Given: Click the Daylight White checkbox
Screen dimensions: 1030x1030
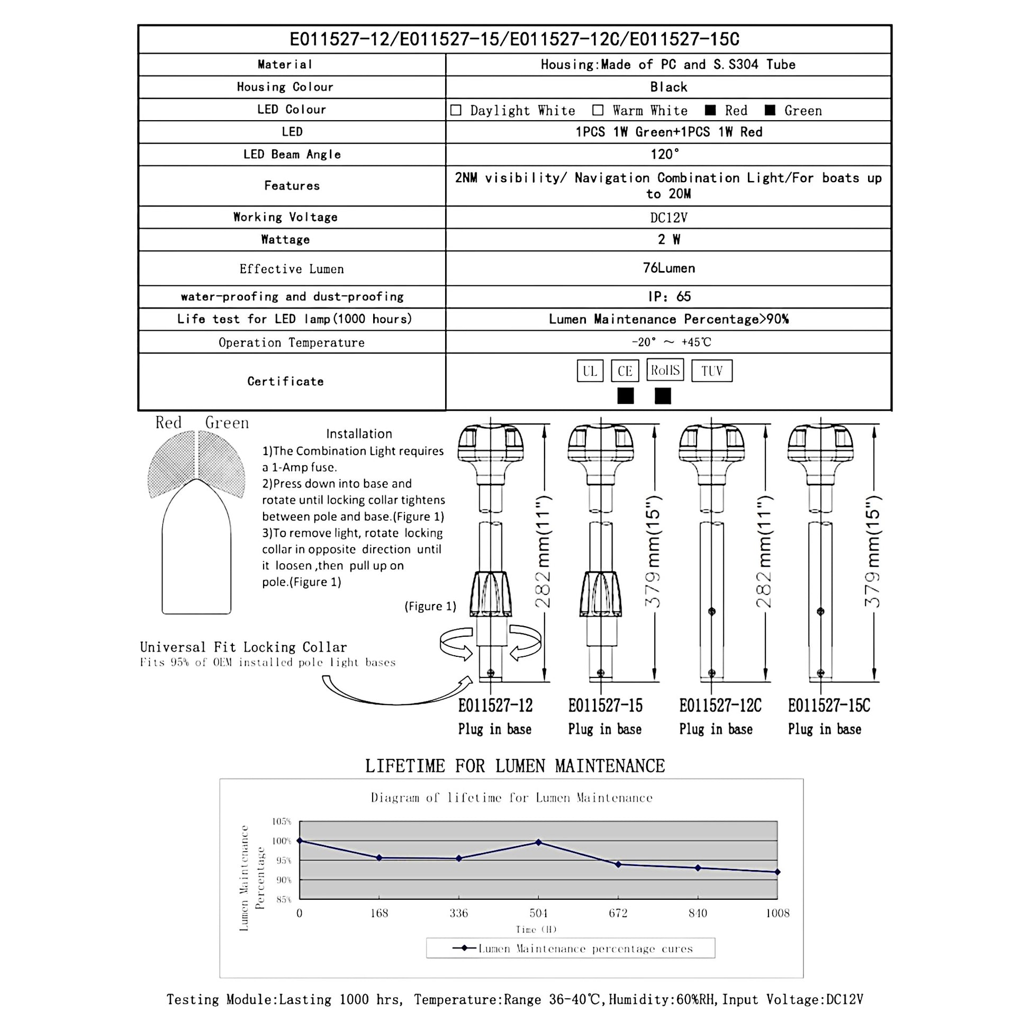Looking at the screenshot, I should (x=455, y=110).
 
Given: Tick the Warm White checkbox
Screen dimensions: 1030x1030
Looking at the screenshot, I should (x=598, y=110).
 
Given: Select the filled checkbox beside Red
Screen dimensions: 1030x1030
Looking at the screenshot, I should (x=710, y=110).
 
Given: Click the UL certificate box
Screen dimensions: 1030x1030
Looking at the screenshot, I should (x=590, y=371).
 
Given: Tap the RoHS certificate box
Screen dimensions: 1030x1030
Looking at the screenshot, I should (x=665, y=370).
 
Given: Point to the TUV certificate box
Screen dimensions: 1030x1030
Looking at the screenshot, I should (x=712, y=371).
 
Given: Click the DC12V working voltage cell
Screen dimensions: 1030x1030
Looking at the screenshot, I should (x=668, y=218).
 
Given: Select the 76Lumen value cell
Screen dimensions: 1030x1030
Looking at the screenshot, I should (x=668, y=268).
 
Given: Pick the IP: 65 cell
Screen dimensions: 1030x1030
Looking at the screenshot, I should (x=668, y=296).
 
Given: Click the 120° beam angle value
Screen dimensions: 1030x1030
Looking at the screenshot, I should (x=665, y=155).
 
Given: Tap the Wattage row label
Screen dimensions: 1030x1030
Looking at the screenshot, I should (x=285, y=240).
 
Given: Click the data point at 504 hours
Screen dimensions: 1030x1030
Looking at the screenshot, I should (x=538, y=842).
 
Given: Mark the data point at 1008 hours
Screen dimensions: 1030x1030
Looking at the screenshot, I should (x=778, y=872).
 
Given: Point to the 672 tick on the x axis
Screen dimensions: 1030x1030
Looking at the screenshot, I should (x=618, y=913).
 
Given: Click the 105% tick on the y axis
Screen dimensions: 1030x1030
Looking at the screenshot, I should (x=282, y=821).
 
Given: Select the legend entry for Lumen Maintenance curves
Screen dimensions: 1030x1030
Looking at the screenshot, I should (x=571, y=948).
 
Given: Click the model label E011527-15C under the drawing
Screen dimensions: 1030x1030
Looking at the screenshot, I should (x=828, y=706).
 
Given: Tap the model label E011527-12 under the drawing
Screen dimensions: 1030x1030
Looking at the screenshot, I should (x=495, y=706).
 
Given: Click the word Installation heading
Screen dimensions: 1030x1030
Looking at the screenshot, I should (x=359, y=434).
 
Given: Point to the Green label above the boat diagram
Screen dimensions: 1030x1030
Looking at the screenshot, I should (x=227, y=423).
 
